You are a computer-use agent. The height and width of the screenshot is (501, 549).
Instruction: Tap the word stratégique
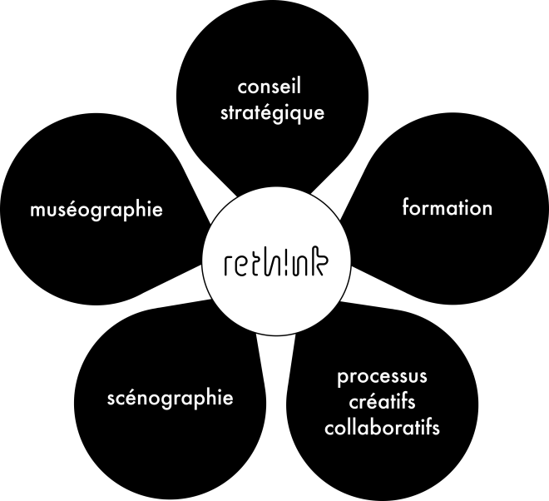(x=272, y=112)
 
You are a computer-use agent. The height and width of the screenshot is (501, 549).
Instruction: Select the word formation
(x=447, y=207)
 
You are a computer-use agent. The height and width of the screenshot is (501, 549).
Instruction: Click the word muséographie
(x=95, y=209)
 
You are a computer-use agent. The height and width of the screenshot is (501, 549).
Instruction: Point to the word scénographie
(x=170, y=398)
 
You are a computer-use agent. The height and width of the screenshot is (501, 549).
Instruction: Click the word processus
(x=382, y=377)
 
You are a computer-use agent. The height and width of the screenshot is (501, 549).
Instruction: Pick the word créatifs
(x=382, y=403)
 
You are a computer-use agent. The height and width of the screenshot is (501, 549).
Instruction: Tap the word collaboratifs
(x=382, y=429)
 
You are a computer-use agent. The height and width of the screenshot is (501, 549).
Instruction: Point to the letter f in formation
(x=406, y=206)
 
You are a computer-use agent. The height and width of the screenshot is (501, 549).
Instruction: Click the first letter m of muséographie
(x=36, y=210)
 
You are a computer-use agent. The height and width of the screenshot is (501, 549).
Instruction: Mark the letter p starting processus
(x=343, y=379)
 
